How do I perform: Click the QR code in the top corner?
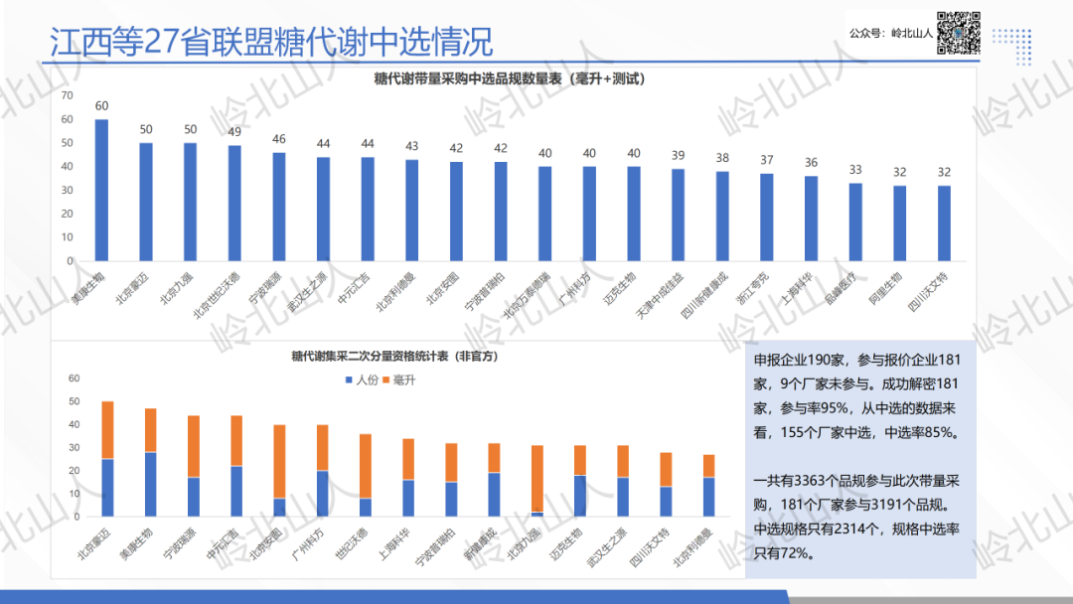(959, 32)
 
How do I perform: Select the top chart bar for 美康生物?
(101, 190)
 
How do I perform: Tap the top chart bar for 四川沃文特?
(944, 223)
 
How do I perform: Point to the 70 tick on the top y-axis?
(67, 95)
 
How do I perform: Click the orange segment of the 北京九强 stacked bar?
(536, 478)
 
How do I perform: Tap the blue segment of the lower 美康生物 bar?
(151, 484)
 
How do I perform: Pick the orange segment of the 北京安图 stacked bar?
(279, 461)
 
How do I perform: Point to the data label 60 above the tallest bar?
(101, 105)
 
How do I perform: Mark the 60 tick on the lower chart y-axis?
(73, 378)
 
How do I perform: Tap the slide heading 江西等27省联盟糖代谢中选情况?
(271, 42)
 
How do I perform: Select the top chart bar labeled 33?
(855, 223)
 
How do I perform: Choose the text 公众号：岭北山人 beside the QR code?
(890, 33)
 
